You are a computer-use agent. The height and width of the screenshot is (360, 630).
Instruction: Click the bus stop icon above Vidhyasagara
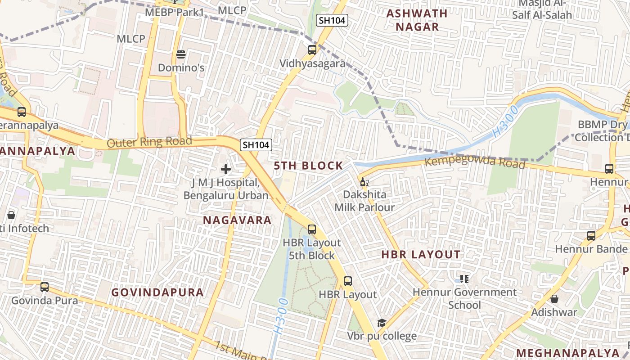click(312, 50)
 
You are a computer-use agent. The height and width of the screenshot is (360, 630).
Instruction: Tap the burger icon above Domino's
click(181, 54)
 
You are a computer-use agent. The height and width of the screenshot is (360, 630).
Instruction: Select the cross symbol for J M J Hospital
click(226, 169)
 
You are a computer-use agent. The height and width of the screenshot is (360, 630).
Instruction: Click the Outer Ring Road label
click(149, 142)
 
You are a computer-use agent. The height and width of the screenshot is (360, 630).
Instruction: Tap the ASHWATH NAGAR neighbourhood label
click(417, 20)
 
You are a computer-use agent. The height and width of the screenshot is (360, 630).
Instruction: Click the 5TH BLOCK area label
click(309, 166)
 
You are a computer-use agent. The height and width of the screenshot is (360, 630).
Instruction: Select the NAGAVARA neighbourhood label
click(237, 220)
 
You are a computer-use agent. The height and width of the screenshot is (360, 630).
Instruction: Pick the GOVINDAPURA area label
click(157, 292)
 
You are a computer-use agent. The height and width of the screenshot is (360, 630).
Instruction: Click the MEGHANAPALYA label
click(567, 352)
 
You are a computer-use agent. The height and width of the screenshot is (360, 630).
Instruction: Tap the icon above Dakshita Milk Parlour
click(364, 182)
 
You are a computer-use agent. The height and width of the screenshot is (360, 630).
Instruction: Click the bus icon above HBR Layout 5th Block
click(311, 229)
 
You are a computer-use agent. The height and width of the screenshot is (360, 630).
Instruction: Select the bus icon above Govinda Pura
click(44, 287)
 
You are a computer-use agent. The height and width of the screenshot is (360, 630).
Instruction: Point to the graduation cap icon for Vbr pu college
click(382, 323)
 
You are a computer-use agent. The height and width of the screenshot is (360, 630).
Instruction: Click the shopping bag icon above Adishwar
click(554, 299)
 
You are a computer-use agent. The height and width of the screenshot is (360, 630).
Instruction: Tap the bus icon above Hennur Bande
click(591, 235)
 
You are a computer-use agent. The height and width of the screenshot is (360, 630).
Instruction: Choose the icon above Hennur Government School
click(464, 279)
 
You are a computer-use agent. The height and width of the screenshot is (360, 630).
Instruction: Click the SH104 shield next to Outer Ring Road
click(256, 144)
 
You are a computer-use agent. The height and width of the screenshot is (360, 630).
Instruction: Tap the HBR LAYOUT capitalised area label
click(421, 255)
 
